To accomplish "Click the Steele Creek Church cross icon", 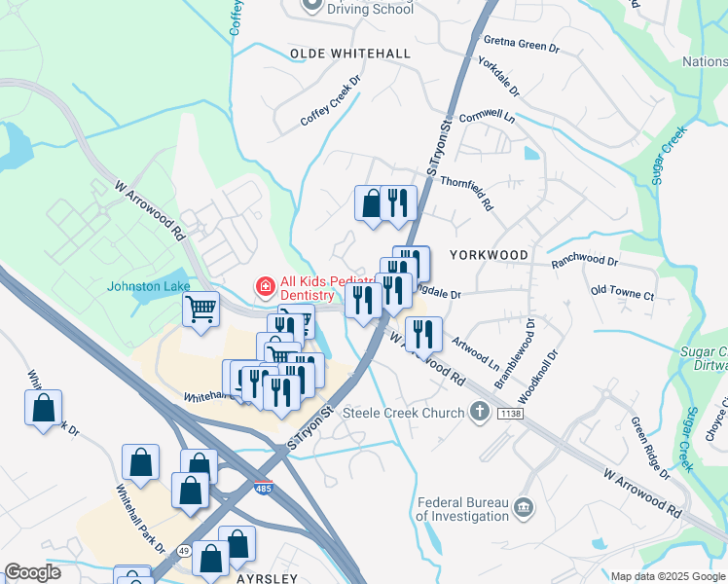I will [479, 413].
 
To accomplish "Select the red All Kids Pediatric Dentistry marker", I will [264, 286].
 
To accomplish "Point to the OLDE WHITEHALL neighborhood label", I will [349, 54].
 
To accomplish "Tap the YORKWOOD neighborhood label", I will [490, 255].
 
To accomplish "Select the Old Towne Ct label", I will [622, 291].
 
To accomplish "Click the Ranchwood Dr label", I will [584, 261].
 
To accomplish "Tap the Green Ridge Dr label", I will [649, 449].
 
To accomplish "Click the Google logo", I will [32, 572].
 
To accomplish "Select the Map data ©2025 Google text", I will [669, 576].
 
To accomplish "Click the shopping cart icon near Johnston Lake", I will [200, 310].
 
